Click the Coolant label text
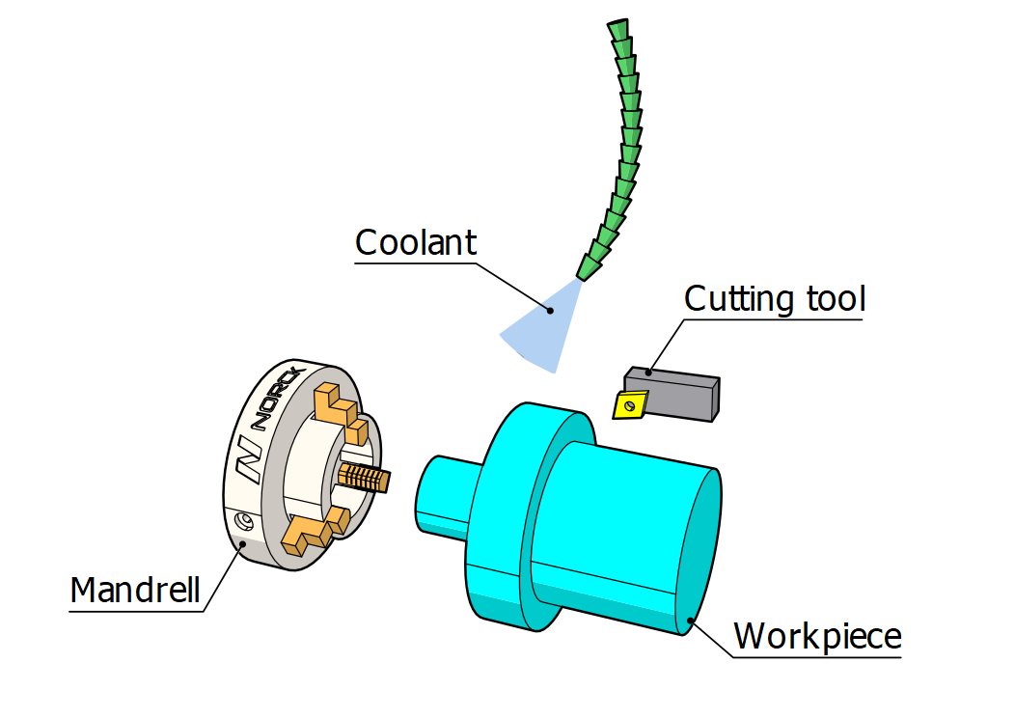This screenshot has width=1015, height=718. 416,242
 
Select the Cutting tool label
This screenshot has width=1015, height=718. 775,299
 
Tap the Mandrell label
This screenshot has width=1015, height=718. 135,590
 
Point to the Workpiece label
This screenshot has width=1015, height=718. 817,636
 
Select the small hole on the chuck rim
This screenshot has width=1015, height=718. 244,521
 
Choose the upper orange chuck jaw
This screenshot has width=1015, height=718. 338,405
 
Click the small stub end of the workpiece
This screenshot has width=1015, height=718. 443,493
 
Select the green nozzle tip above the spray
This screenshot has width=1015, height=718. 587,265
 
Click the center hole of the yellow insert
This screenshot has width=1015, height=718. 630,406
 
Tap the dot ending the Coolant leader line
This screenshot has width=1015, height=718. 551,310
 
